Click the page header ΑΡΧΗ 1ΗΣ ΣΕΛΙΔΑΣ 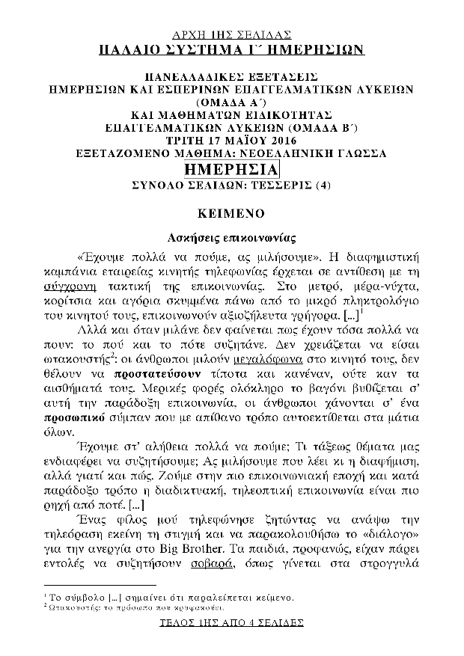click(232, 34)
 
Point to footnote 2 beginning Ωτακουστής click(150, 607)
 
